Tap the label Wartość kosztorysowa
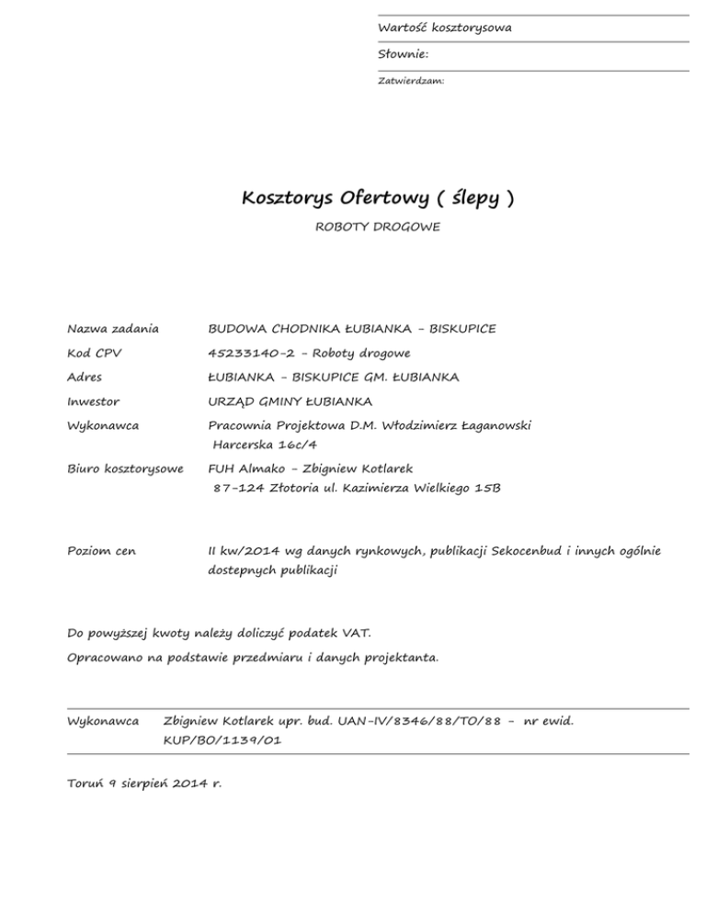[x=445, y=28]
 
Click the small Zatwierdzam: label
[x=412, y=81]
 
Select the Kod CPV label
[x=95, y=353]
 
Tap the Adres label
[x=85, y=377]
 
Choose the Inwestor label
[x=94, y=401]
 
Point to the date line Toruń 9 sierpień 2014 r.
[x=145, y=784]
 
